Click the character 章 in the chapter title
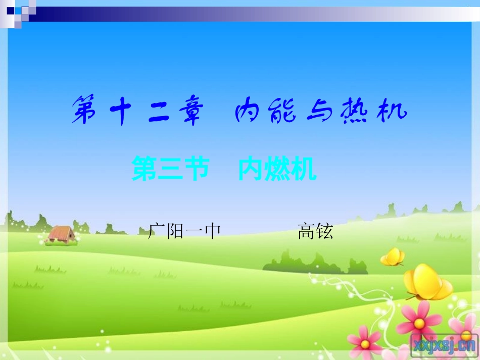point(186,111)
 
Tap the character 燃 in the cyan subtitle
point(277,169)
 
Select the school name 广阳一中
point(184,231)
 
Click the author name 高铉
point(315,231)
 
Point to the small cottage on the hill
point(61,234)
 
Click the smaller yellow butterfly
point(393,256)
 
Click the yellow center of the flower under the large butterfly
point(419,320)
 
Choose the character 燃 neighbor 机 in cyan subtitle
point(304,169)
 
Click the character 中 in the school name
point(212,231)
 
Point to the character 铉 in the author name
point(324,231)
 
